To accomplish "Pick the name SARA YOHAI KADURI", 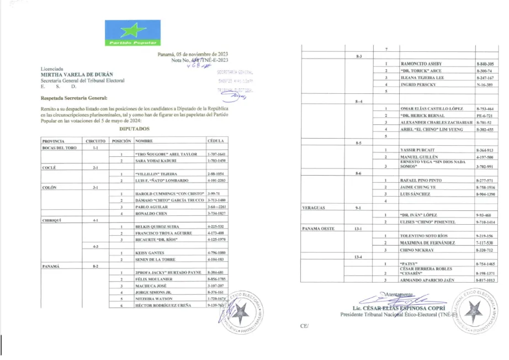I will point(156,161).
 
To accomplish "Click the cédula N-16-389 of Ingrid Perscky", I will point(484,84).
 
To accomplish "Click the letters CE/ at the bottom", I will point(304,326).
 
